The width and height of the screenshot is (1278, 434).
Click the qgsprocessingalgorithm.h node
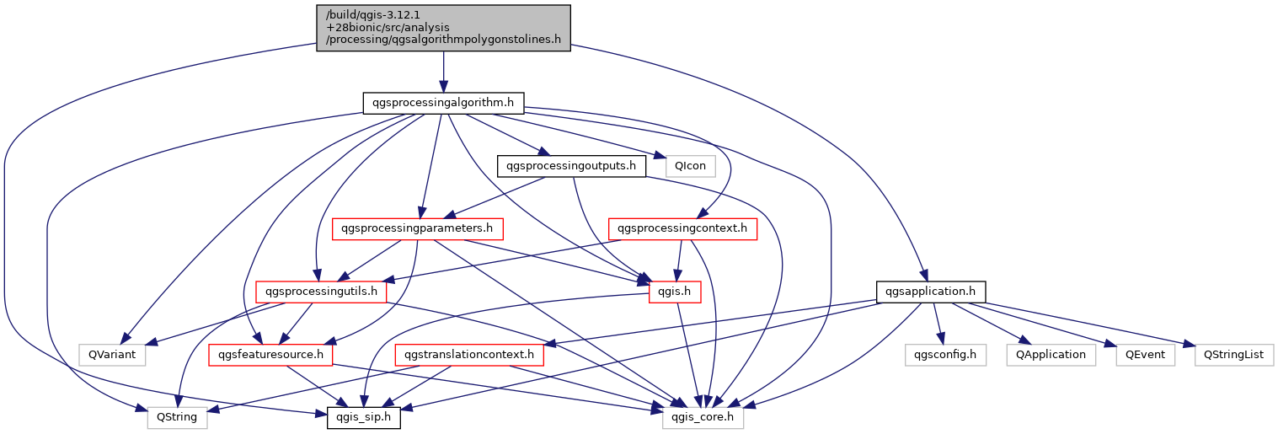pos(443,103)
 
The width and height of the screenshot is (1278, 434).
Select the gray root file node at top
pos(443,28)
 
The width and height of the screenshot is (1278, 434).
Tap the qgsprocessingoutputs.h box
pos(571,166)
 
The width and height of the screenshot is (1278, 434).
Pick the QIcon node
pos(690,166)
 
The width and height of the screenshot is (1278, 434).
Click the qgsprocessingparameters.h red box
pos(417,229)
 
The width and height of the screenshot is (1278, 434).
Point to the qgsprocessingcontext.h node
pos(682,229)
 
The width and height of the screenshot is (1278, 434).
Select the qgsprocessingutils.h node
pos(321,292)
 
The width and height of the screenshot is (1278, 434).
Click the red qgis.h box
pos(674,292)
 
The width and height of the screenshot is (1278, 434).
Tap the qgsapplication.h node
pos(931,292)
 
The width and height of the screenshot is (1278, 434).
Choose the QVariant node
pos(112,355)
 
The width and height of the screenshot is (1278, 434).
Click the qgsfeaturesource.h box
pos(270,355)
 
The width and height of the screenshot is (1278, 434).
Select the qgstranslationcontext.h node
pos(469,355)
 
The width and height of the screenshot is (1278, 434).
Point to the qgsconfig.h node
pos(944,355)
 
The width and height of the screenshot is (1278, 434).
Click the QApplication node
pos(1051,355)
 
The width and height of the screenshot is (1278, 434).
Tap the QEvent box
pos(1145,355)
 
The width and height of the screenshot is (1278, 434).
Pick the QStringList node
pos(1233,355)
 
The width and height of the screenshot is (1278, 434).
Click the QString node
pos(177,417)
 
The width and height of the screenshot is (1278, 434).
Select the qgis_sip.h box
pos(363,417)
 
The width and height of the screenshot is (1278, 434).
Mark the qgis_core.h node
pos(703,417)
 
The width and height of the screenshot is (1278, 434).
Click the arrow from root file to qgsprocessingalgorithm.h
pos(443,72)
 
